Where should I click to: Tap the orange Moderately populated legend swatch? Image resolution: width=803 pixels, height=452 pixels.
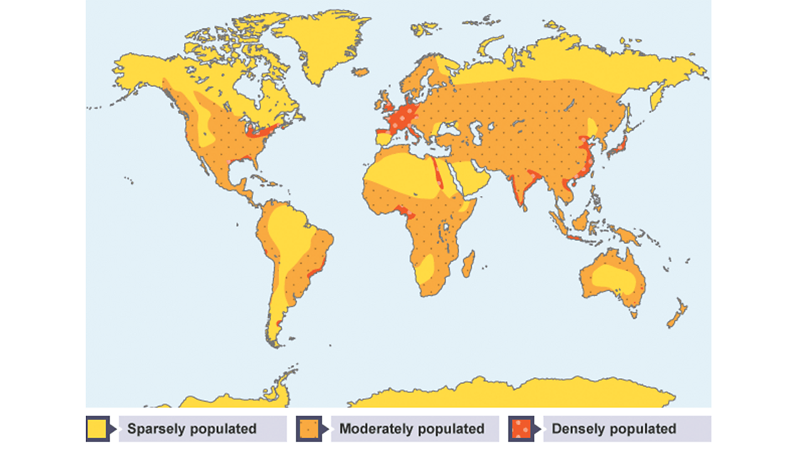tap(308, 429)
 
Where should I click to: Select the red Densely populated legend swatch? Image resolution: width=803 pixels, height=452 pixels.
tap(520, 429)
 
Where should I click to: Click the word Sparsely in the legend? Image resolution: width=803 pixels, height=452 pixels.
tap(155, 429)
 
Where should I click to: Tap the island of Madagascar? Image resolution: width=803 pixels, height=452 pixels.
tap(468, 264)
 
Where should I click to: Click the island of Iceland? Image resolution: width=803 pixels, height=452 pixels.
tap(361, 72)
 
